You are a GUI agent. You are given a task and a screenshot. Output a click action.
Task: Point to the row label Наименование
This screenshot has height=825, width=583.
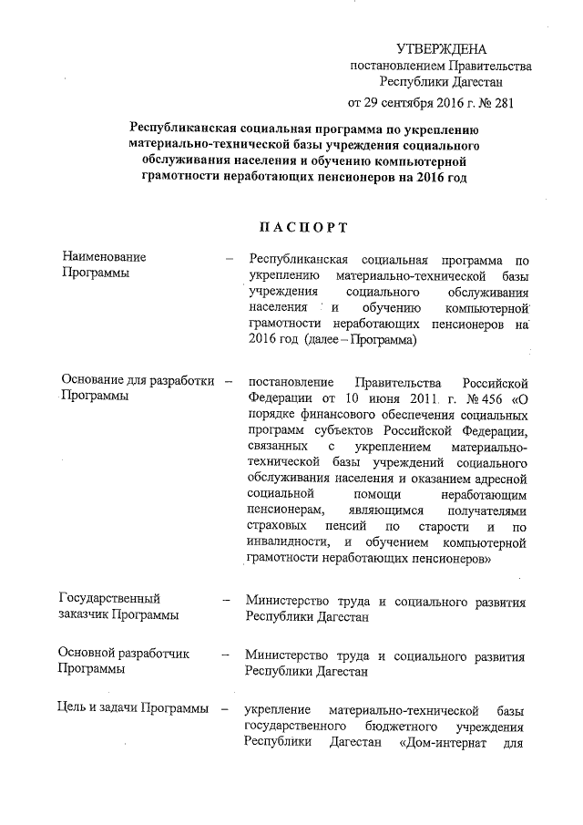coord(103,259)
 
